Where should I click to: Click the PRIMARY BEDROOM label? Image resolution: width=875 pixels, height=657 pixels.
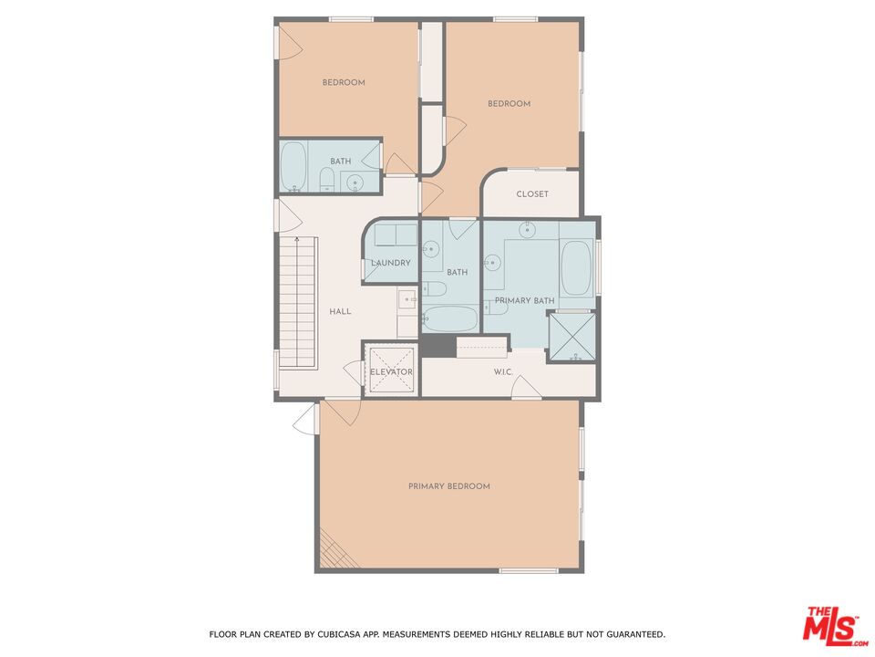pos(449,486)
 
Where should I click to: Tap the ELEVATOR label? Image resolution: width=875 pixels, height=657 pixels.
pos(391,371)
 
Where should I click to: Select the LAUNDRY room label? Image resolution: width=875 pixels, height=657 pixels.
pos(391,263)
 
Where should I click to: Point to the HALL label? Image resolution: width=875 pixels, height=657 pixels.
pos(340,311)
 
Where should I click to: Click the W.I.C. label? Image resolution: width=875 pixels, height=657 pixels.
pos(503,371)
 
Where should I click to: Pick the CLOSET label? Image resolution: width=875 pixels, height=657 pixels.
pos(532,193)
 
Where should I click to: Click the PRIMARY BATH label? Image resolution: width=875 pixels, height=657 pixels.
pos(525,300)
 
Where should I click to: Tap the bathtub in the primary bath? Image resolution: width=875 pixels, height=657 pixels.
pos(576,267)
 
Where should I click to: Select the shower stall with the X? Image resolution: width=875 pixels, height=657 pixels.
pos(572,337)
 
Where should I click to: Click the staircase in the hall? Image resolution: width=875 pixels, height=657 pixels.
pos(298,303)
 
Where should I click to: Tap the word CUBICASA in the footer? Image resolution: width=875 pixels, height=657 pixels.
pos(336,634)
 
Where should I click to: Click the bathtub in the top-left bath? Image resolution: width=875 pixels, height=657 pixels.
pos(293,166)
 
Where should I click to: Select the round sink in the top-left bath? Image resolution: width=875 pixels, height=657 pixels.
pos(355,182)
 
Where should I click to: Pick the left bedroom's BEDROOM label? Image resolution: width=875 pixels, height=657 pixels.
pos(344,82)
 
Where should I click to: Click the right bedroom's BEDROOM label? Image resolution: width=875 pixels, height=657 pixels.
pos(509,103)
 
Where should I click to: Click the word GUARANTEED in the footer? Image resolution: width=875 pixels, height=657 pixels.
pos(635,634)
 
